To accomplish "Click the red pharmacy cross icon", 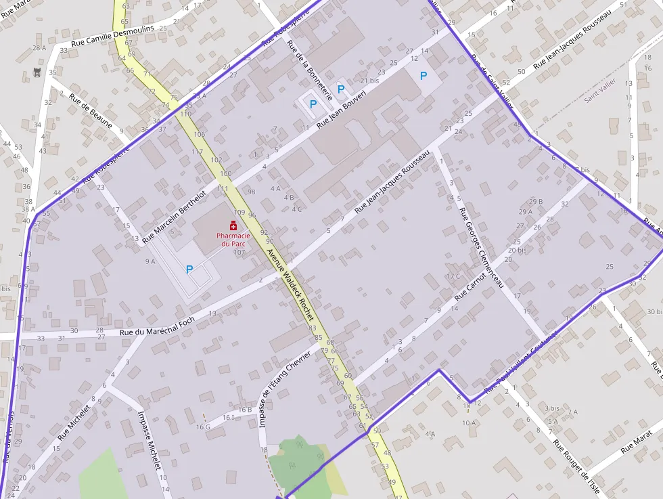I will (x=233, y=225).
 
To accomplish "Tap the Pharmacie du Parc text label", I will (x=233, y=239).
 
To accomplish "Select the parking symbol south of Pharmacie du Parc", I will (x=189, y=269).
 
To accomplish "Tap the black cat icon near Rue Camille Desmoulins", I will (x=37, y=72).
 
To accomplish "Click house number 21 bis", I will (x=369, y=81).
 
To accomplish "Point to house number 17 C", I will (x=453, y=276).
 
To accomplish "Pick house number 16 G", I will (x=203, y=427).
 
